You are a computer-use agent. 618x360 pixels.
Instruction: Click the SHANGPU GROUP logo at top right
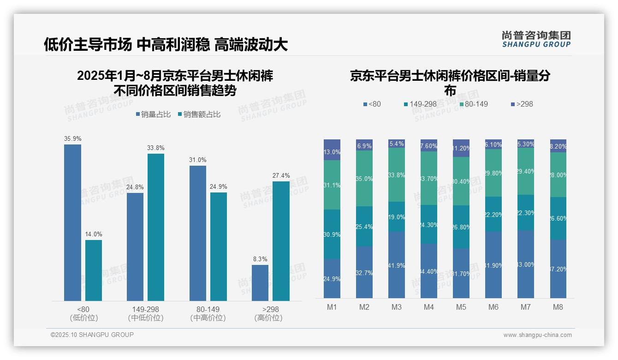click(536, 39)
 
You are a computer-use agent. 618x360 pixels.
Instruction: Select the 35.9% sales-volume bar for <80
click(72, 222)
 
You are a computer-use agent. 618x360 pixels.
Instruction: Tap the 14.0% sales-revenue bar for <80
click(94, 270)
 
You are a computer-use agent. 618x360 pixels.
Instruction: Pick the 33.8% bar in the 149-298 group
click(156, 227)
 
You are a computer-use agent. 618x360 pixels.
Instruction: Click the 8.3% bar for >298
click(260, 283)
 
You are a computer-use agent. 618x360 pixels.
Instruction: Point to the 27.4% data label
click(281, 176)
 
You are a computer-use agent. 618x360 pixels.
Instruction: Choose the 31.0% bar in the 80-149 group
click(198, 233)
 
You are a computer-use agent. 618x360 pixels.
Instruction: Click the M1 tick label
click(332, 307)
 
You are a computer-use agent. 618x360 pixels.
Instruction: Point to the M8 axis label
click(558, 307)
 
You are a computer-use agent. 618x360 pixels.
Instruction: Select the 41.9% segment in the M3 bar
click(397, 265)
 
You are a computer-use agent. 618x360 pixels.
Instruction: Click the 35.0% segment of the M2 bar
click(364, 179)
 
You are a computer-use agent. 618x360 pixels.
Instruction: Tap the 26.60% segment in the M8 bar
click(558, 218)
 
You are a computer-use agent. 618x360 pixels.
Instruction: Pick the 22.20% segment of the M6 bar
click(493, 214)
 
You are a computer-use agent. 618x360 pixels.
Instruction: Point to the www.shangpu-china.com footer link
click(537, 335)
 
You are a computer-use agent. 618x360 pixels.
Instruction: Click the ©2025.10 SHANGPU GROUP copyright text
click(92, 335)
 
